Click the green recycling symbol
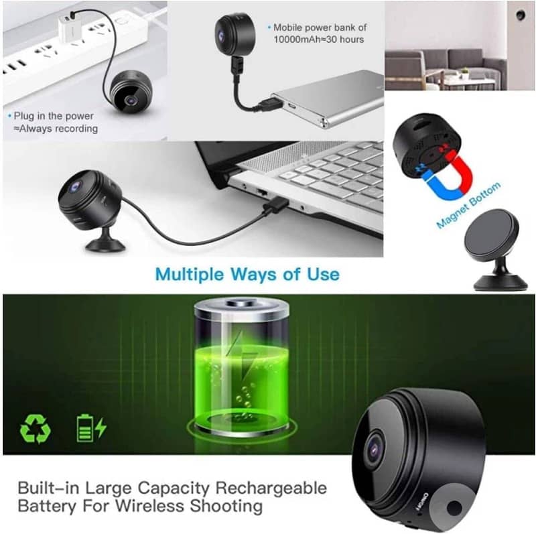coord(36,428)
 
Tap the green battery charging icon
coord(91,428)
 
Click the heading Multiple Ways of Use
coord(247,275)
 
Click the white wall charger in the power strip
coord(70,29)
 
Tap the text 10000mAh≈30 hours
coord(319,40)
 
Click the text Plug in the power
coord(54,116)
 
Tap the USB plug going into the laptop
coord(275,205)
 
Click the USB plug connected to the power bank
coord(270,103)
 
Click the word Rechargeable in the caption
coord(271,488)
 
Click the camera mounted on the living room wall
coord(521,15)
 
